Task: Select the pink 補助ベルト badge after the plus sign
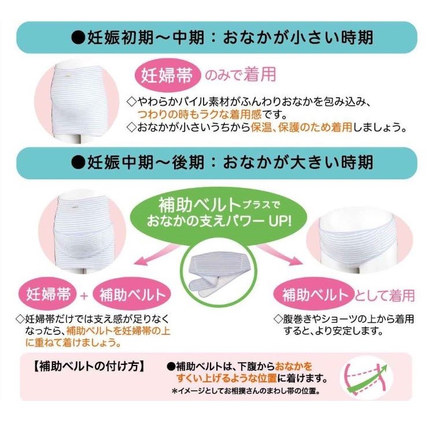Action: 132,294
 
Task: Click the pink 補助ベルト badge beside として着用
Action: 314,294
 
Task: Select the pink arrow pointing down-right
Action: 281,254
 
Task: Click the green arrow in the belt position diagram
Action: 368,380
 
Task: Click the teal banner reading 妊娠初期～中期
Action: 217,38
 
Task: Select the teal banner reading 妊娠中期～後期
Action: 217,163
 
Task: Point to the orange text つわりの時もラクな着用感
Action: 200,114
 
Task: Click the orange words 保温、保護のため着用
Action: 301,127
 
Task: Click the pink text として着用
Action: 385,295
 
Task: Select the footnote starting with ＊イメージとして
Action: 246,391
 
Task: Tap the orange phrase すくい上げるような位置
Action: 227,378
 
